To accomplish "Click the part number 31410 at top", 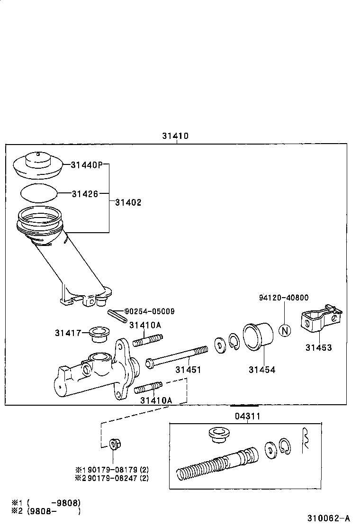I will (175, 136).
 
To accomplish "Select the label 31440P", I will (86, 165).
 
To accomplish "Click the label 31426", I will (85, 193).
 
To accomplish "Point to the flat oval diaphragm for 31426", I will (39, 193).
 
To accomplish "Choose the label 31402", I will (128, 202).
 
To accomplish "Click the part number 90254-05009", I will (150, 311).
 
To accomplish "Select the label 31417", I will (68, 333).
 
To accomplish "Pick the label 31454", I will (262, 369).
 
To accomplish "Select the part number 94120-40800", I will (284, 298).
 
